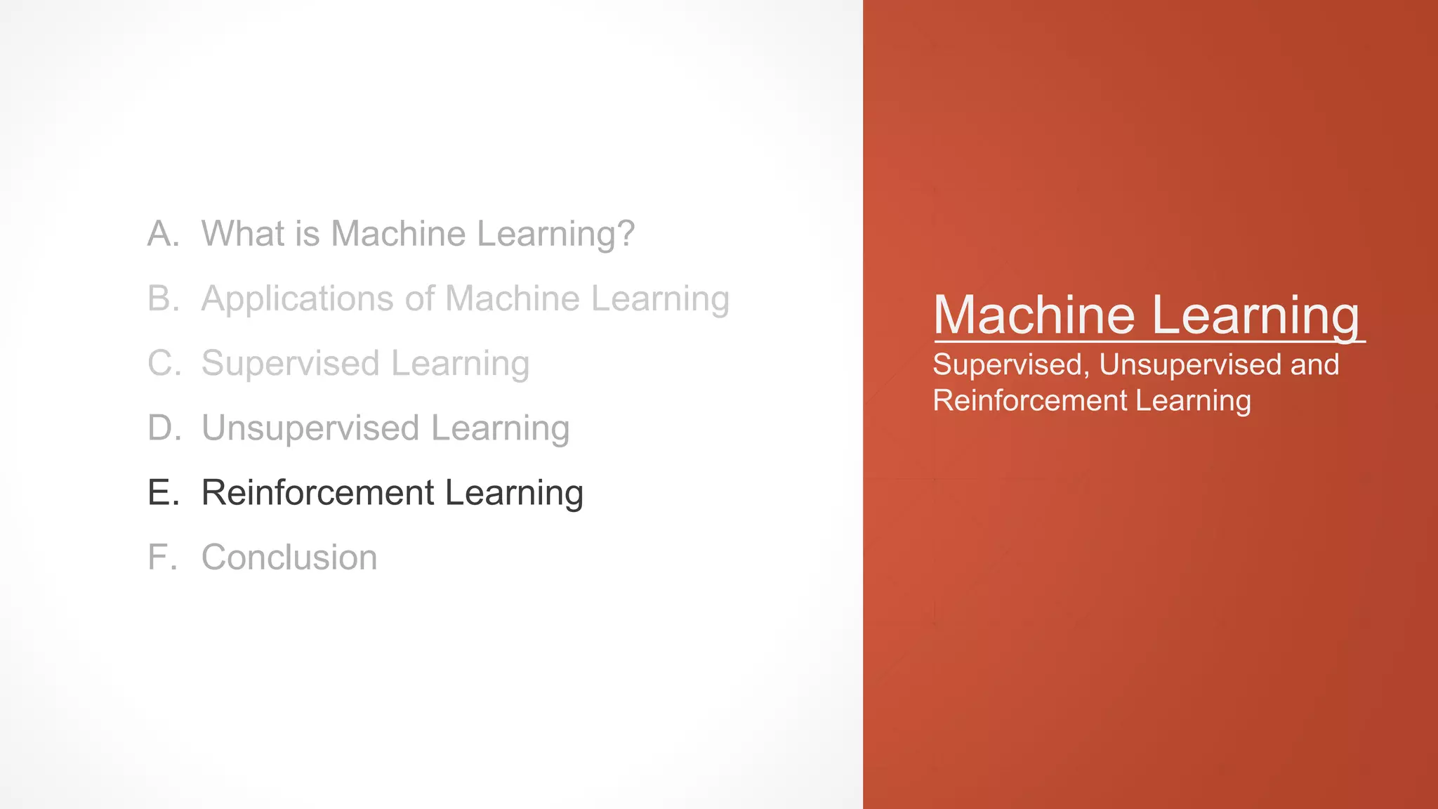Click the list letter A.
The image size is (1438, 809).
(161, 234)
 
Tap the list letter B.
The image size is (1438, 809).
(161, 298)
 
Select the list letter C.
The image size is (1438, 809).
(163, 364)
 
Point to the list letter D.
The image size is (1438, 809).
(163, 428)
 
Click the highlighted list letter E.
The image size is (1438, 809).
(161, 493)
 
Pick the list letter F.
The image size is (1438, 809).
(160, 558)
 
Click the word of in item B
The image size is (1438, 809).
(419, 298)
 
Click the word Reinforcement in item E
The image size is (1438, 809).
(317, 493)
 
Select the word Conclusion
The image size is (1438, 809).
(289, 558)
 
